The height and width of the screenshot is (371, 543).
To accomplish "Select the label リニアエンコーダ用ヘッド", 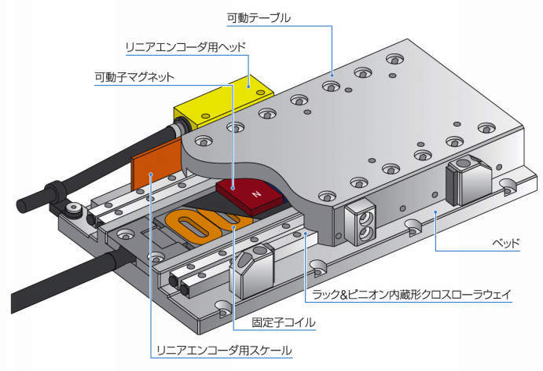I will (185, 47).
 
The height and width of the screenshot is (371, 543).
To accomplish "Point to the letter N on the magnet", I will (253, 193).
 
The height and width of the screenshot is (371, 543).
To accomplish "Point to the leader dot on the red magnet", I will (234, 187).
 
